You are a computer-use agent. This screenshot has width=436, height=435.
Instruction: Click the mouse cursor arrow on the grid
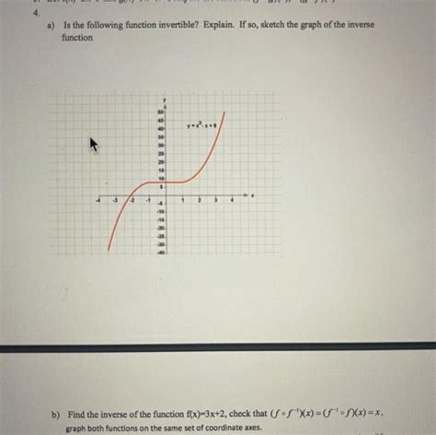pos(93,145)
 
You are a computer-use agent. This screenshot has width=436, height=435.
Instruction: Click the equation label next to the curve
pos(201,126)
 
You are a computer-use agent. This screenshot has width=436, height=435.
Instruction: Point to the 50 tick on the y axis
pos(161,111)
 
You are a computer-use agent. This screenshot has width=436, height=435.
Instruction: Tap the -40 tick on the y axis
pos(161,251)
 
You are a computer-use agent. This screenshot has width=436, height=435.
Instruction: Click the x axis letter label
pos(252,194)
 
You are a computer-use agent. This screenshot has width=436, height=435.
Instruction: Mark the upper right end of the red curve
pos(224,112)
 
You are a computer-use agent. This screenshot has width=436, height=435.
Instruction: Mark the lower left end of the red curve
pos(109,250)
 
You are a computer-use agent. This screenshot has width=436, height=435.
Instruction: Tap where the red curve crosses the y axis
pos(166,182)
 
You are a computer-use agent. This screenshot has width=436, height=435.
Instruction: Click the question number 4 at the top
pos(34,15)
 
